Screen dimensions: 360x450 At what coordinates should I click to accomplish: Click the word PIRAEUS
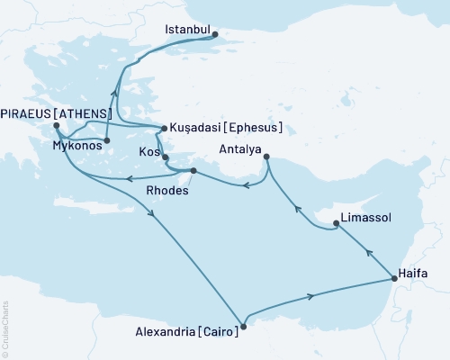pyautogui.click(x=29, y=113)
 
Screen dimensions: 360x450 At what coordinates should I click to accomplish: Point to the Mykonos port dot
pyautogui.click(x=106, y=140)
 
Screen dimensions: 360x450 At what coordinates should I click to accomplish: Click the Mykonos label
pyautogui.click(x=76, y=144)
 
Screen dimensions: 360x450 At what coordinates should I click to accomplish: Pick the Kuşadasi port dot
pyautogui.click(x=162, y=128)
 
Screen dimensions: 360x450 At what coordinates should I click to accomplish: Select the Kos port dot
pyautogui.click(x=165, y=157)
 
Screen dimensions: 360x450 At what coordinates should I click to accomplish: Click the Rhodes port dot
pyautogui.click(x=193, y=169)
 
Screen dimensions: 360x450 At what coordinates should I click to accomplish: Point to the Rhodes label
pyautogui.click(x=181, y=190)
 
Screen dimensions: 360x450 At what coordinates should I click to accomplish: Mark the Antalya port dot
pyautogui.click(x=267, y=158)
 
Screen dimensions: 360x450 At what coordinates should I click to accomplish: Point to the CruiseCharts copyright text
pyautogui.click(x=5, y=328)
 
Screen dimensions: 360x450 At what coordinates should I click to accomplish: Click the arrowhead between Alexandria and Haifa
pyautogui.click(x=312, y=295)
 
